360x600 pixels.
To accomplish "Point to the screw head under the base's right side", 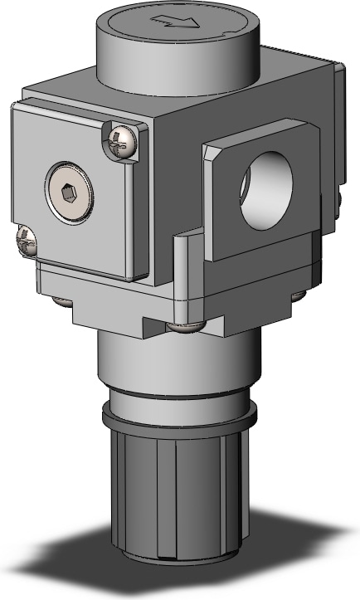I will (x=297, y=295).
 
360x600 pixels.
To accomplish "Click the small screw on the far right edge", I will (x=340, y=197).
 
